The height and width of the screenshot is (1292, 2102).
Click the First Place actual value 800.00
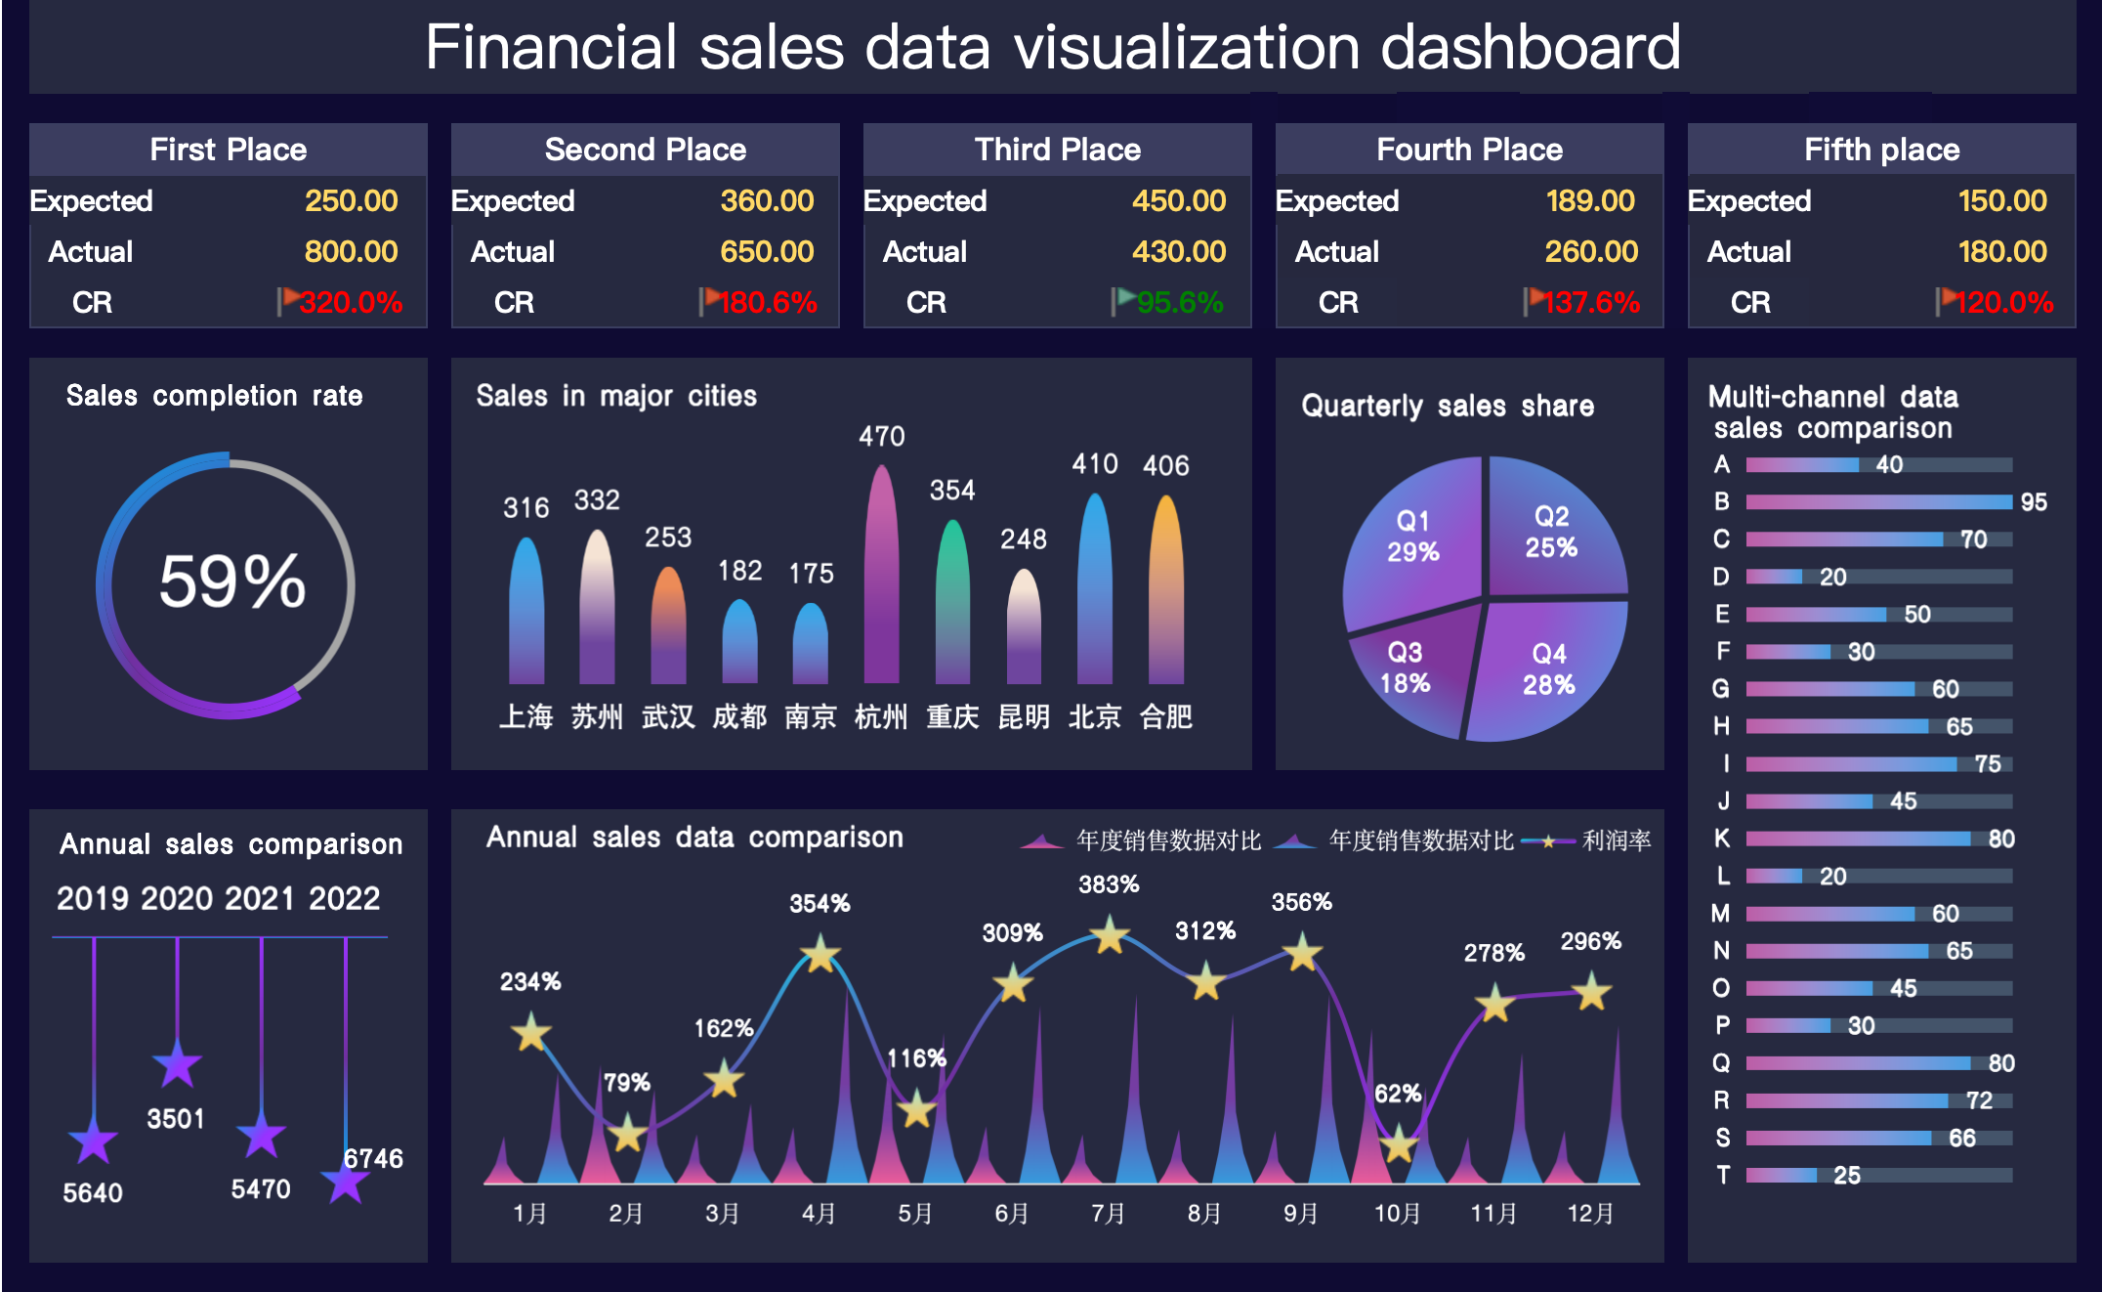(351, 252)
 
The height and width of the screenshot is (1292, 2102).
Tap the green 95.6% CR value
(1179, 303)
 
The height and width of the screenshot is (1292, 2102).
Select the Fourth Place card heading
(1469, 150)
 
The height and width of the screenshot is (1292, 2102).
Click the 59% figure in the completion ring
(232, 581)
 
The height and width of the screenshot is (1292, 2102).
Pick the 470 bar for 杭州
(881, 577)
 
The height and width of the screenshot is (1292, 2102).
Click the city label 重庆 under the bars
(952, 717)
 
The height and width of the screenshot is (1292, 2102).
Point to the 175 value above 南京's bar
(811, 574)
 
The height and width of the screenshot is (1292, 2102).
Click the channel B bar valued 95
(1878, 502)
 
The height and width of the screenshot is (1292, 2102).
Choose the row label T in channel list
(1723, 1175)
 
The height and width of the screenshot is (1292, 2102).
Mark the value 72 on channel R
(1979, 1100)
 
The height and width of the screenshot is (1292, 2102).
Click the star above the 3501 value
(177, 1064)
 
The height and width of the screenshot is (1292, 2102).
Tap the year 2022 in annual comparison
(344, 898)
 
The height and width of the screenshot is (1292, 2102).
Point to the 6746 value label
(373, 1159)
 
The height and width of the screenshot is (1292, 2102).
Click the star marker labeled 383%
(1110, 935)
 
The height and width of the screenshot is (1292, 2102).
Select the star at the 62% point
(1399, 1142)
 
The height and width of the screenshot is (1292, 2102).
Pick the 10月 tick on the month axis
(1397, 1214)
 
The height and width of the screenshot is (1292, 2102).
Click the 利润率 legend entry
(1616, 840)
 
